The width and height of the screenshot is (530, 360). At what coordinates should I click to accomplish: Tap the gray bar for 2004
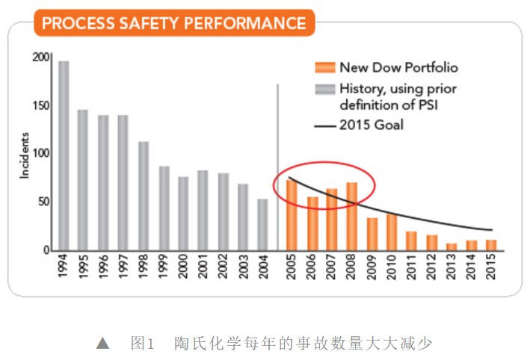(x=262, y=224)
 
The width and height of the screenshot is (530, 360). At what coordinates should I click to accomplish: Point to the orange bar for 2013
(x=452, y=246)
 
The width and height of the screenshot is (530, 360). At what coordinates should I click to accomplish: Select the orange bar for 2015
(x=491, y=245)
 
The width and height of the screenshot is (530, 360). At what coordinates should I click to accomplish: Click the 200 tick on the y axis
(x=40, y=57)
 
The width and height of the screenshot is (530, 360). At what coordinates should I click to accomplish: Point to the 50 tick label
(x=43, y=202)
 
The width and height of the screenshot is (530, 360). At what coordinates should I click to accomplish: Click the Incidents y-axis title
(x=25, y=154)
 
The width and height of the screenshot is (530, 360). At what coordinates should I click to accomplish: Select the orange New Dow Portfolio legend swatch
(x=325, y=67)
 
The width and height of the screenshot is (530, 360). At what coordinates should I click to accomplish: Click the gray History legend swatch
(x=325, y=89)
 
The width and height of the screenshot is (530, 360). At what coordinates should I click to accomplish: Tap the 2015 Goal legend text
(x=371, y=125)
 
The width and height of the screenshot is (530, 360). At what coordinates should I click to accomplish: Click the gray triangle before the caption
(x=103, y=344)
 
